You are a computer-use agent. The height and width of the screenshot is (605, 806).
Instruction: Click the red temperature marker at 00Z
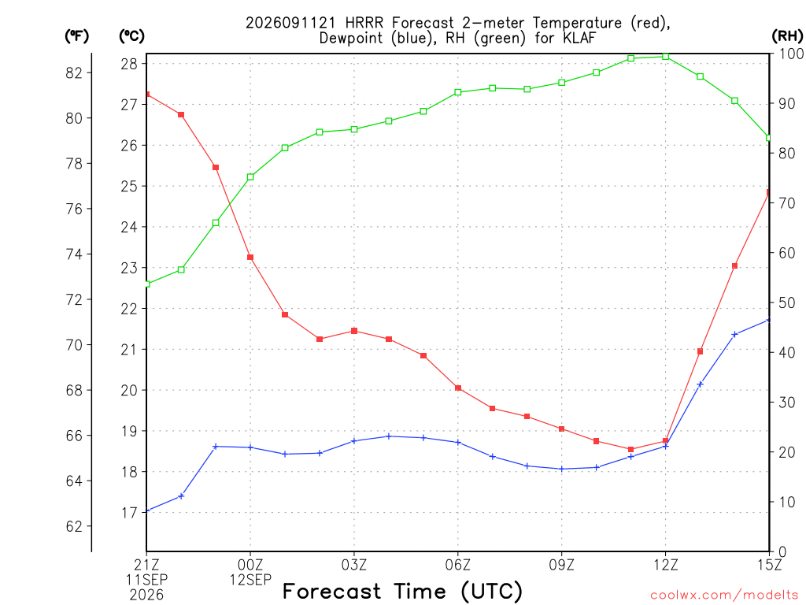click(x=250, y=258)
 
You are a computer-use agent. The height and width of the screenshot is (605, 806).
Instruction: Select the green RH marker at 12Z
click(x=666, y=57)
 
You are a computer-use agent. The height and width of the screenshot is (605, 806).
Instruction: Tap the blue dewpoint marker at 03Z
click(x=354, y=441)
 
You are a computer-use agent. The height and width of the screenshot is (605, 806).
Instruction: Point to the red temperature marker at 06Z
click(x=458, y=388)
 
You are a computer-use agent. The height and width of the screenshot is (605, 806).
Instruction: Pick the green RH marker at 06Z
click(x=458, y=93)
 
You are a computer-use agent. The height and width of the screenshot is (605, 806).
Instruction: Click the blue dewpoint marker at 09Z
click(x=562, y=469)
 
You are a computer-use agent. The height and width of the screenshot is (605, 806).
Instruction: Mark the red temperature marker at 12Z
click(x=666, y=441)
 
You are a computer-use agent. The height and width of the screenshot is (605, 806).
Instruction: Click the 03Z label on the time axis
click(x=354, y=565)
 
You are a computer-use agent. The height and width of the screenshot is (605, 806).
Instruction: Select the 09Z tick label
click(x=562, y=565)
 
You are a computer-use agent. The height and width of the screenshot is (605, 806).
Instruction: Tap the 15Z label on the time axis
click(x=769, y=565)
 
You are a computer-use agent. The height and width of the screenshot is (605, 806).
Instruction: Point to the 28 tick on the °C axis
click(x=129, y=64)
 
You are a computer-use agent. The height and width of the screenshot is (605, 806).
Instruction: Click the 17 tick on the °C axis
click(x=129, y=512)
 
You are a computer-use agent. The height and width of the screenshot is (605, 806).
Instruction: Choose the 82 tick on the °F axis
click(x=74, y=73)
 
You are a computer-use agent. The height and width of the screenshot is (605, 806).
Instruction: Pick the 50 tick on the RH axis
click(x=786, y=303)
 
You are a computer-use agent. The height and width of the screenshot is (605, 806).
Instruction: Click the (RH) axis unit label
click(x=787, y=35)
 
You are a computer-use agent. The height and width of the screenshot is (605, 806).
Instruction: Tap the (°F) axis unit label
click(x=76, y=36)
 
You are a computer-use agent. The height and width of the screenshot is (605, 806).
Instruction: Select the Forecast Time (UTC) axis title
click(x=402, y=592)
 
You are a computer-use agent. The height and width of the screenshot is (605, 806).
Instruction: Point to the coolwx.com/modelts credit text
click(x=724, y=596)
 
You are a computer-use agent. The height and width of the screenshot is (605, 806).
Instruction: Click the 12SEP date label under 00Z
click(x=250, y=580)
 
